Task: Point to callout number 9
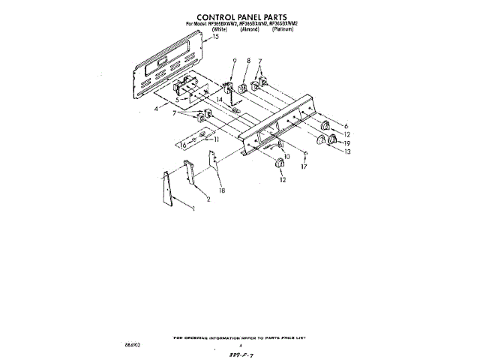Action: [x=234, y=60]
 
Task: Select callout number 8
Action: [x=248, y=60]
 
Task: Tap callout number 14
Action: [x=220, y=99]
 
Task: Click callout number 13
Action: [x=346, y=151]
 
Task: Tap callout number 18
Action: [x=221, y=191]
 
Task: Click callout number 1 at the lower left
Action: [x=194, y=208]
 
